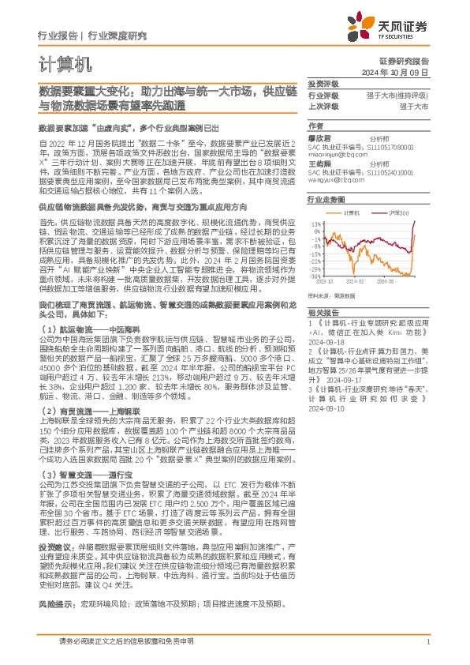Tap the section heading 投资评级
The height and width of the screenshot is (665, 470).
323,84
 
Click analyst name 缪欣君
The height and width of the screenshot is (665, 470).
319,137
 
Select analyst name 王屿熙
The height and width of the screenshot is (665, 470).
319,163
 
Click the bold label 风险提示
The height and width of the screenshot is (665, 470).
54,603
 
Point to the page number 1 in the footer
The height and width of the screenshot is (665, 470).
427,644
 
